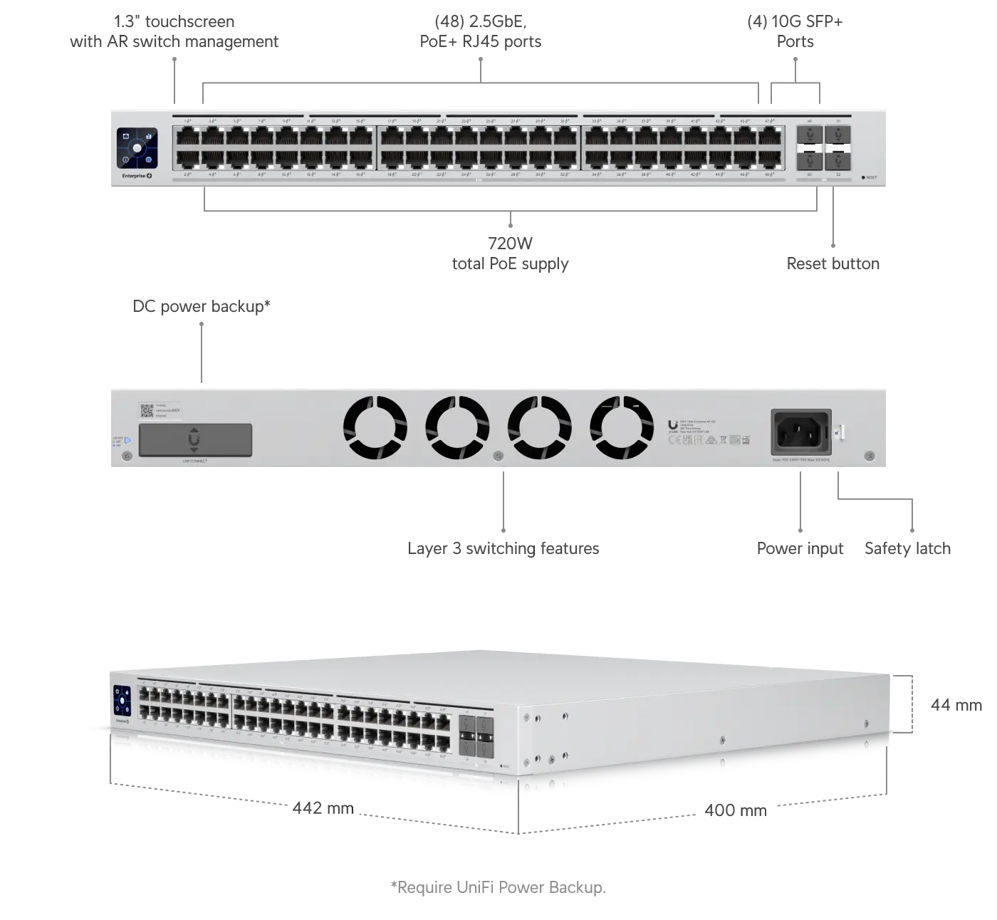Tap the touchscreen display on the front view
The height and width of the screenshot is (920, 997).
click(137, 148)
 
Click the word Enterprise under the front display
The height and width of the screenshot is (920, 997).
click(133, 175)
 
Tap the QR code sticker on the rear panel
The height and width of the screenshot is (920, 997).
click(146, 411)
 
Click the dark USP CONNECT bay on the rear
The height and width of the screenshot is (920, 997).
click(194, 440)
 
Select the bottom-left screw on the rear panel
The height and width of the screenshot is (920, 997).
click(127, 456)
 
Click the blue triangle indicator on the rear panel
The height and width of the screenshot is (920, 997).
click(127, 441)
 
